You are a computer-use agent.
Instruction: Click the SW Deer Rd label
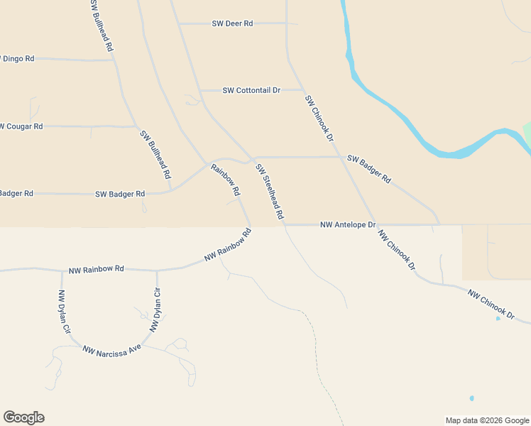[x=232, y=23]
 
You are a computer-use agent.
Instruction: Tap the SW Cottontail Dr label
[x=251, y=90]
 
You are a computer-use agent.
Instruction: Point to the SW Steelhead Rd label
[x=270, y=192]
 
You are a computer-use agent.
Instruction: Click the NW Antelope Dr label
[x=347, y=224]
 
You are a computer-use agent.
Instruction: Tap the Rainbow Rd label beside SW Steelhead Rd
[x=225, y=180]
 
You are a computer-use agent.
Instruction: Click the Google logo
[x=23, y=417]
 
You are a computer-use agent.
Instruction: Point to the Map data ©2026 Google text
[x=487, y=420]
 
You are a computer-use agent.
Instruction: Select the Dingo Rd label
[x=17, y=58]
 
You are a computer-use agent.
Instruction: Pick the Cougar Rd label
[x=21, y=126]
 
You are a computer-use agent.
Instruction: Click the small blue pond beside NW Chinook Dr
[x=498, y=318]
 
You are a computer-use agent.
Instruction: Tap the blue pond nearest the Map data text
[x=471, y=398]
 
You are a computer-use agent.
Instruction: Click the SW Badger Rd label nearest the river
[x=368, y=170]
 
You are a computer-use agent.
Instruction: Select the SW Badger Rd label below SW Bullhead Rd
[x=120, y=193]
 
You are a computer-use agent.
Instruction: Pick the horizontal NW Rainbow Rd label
[x=97, y=270]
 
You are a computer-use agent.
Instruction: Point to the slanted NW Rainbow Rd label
[x=228, y=245]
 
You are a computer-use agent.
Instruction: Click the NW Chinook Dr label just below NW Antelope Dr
[x=396, y=249]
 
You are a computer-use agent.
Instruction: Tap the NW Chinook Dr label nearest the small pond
[x=490, y=302]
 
